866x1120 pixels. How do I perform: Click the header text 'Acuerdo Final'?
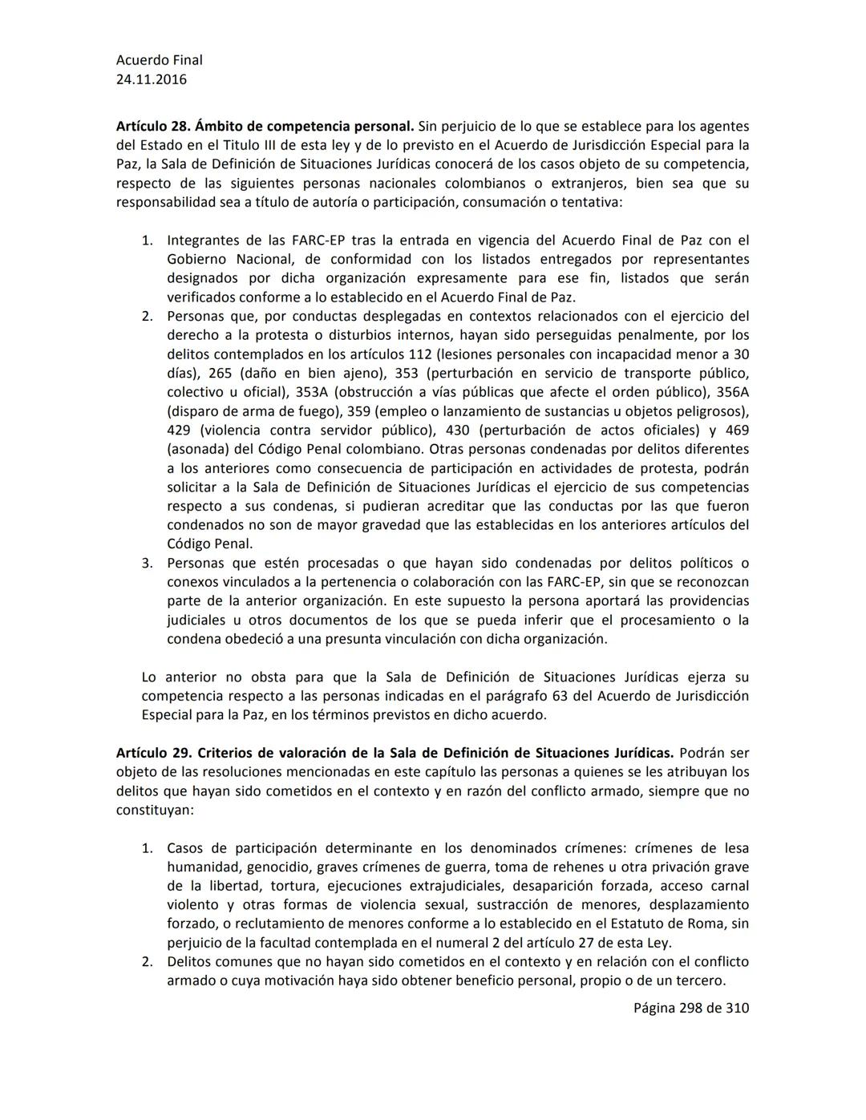[x=159, y=60]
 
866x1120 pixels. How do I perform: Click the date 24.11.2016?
[x=152, y=79]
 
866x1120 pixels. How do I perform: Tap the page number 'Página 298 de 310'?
[x=691, y=1008]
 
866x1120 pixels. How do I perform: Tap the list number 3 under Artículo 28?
[x=148, y=563]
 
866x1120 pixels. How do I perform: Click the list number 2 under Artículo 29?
[x=148, y=961]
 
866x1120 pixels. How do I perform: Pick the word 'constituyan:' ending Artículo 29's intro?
[x=155, y=811]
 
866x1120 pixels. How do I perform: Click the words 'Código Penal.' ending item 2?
[x=209, y=544]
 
